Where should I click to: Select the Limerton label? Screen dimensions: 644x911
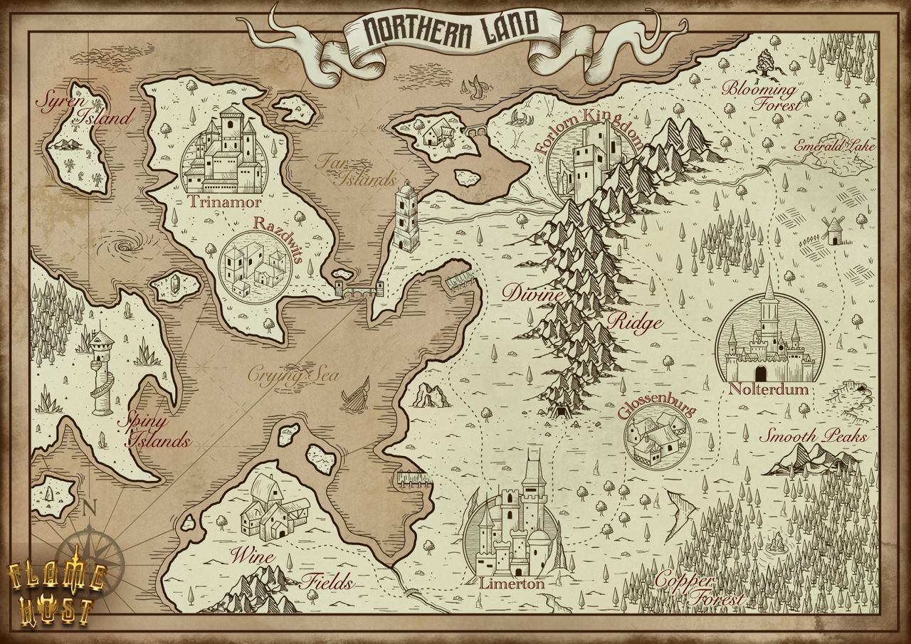point(512,584)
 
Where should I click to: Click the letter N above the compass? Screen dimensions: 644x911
point(89,507)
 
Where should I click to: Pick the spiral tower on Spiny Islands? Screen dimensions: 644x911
point(102,370)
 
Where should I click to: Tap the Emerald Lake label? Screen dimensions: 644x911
point(826,147)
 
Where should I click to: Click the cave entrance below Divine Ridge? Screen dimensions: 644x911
point(563,411)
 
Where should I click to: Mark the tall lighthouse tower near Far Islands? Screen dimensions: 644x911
point(406,216)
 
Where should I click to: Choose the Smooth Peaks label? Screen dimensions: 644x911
point(812,436)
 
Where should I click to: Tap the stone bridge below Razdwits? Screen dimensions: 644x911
point(359,290)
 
